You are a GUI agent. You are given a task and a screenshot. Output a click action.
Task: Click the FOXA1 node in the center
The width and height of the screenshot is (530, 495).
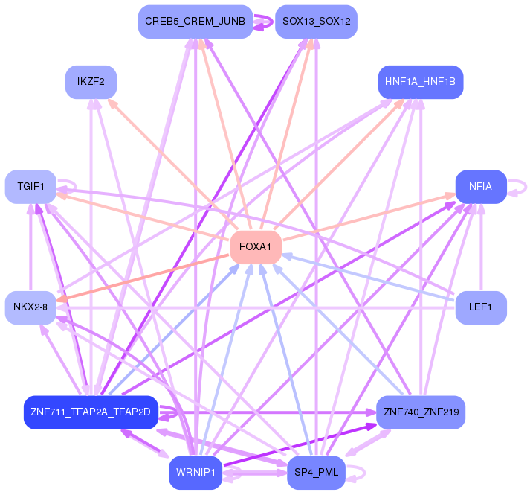point(256,246)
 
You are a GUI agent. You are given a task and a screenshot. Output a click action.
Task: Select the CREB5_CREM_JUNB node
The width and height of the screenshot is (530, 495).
point(195,22)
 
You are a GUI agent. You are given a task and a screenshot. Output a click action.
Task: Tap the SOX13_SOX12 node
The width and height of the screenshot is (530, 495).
point(316,22)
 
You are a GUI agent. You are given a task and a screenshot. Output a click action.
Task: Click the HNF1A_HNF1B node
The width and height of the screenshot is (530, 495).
point(421,80)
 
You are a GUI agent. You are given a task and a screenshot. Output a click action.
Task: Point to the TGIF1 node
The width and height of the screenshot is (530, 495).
point(31,186)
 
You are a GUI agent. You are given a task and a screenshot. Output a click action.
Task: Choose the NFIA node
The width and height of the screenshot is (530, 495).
point(481,187)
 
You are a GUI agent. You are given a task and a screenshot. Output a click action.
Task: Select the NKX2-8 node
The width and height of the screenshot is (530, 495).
point(30,307)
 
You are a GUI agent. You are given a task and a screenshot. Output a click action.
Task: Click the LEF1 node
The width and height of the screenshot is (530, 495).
point(481,307)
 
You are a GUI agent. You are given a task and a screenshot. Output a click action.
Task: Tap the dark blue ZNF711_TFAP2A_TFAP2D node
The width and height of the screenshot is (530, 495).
point(91,412)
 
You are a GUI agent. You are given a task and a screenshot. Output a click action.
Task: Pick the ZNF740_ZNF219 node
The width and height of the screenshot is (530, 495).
point(421,412)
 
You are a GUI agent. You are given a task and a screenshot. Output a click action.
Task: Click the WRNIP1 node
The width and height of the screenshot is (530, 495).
point(195,472)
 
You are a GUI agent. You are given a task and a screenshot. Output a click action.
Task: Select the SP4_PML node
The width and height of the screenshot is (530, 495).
point(316,472)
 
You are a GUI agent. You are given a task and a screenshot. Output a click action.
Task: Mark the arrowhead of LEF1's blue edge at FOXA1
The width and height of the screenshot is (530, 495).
point(285,255)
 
